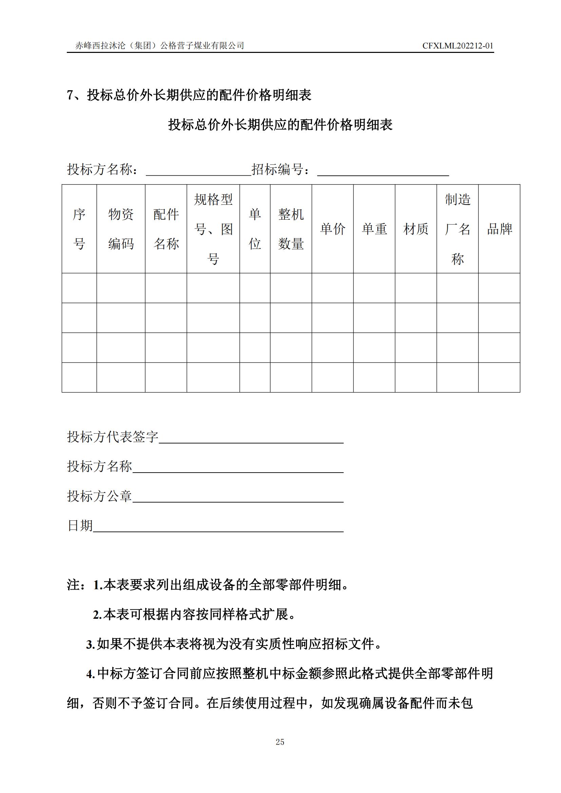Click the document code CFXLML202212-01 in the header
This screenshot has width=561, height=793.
pyautogui.click(x=458, y=46)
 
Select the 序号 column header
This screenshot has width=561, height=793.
pyautogui.click(x=79, y=229)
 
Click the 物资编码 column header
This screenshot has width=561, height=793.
pyautogui.click(x=121, y=229)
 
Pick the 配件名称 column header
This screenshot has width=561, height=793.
pyautogui.click(x=166, y=229)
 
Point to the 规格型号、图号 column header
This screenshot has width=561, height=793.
pyautogui.click(x=213, y=229)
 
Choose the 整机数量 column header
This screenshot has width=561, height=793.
pyautogui.click(x=291, y=229)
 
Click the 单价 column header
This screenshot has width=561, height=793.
pyautogui.click(x=333, y=229)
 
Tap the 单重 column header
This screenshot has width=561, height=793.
pyautogui.click(x=374, y=229)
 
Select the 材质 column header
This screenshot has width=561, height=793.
pyautogui.click(x=416, y=229)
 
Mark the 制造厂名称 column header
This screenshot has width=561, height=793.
pyautogui.click(x=457, y=229)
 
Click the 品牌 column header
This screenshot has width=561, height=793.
pyautogui.click(x=499, y=229)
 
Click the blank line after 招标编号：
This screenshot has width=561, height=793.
pyautogui.click(x=383, y=172)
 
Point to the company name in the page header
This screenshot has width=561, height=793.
pyautogui.click(x=160, y=45)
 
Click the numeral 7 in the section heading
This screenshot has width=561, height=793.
pyautogui.click(x=70, y=95)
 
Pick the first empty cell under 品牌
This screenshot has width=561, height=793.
pyautogui.click(x=499, y=288)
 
